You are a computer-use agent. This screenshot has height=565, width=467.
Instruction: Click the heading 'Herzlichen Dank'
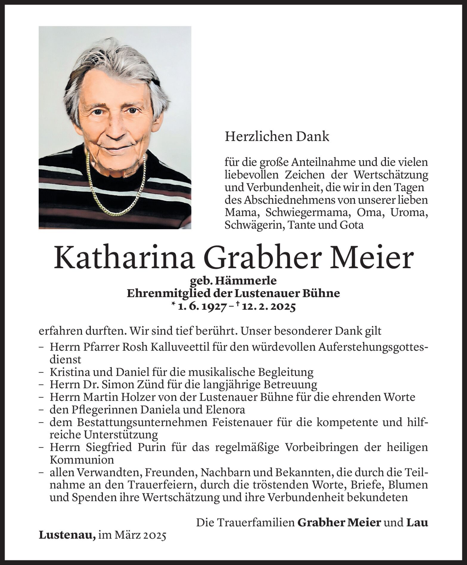click(x=277, y=136)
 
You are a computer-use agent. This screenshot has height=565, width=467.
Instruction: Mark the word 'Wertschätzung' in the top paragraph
click(x=391, y=175)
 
